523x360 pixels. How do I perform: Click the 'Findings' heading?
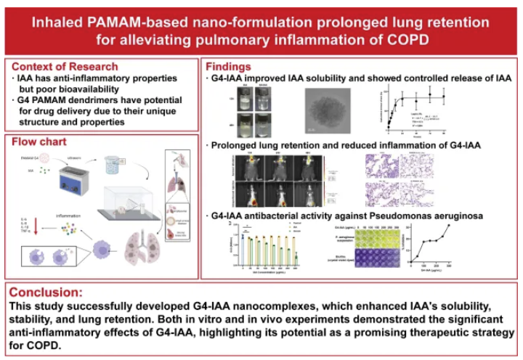point(232,66)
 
